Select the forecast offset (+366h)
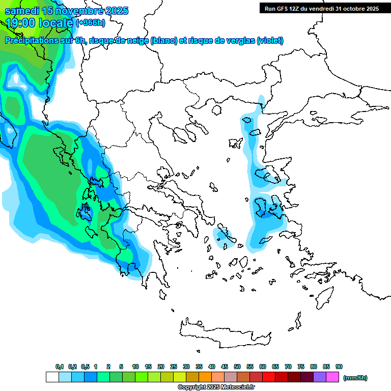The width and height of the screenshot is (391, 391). point(90,23)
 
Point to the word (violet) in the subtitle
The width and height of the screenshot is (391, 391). point(270,41)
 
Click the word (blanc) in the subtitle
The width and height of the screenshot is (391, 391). point(164,41)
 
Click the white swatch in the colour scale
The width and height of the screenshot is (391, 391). point(52,377)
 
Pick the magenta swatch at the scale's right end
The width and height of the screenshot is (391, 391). point(332,377)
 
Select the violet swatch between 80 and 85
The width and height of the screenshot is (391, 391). point(320,377)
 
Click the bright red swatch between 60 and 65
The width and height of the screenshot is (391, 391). point(269,377)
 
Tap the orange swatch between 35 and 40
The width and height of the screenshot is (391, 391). point(205,377)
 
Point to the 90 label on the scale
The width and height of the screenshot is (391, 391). point(339,367)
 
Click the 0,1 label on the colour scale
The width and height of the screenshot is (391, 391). point(60,367)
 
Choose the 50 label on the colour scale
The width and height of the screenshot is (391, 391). point(237,367)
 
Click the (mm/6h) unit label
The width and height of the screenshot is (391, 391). point(355,378)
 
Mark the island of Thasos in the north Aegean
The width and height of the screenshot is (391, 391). point(217,109)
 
